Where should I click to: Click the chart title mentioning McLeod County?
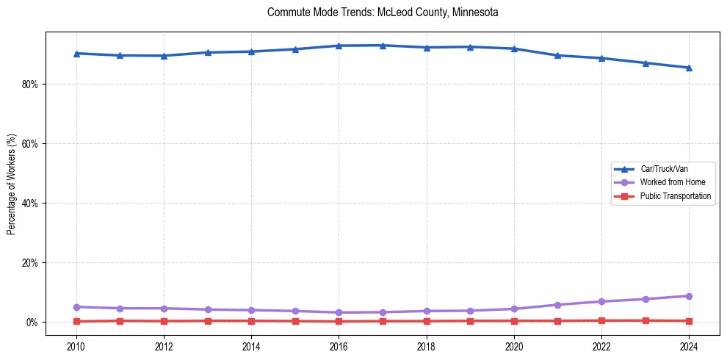383,12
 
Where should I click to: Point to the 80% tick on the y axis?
30,84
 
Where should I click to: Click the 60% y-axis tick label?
30,144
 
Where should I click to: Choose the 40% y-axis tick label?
30,204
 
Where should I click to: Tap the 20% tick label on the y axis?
30,263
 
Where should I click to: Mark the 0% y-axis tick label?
32,323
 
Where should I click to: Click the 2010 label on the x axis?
76,346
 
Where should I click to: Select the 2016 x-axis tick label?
339,346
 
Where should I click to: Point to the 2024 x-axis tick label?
689,346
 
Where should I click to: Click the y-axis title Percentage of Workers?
12,184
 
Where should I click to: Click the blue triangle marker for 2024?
689,68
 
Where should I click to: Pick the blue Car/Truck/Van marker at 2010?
76,54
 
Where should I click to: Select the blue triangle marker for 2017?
383,46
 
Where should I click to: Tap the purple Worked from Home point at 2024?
689,296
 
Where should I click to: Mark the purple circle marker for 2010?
76,306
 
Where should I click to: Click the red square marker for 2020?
514,321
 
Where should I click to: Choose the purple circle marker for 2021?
557,305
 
